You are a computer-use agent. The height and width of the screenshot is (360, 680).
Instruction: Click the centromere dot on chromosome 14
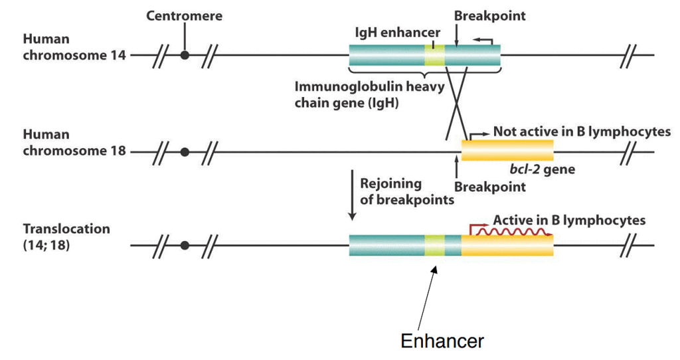click(x=185, y=55)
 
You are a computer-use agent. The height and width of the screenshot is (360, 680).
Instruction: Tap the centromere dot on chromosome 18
click(x=185, y=152)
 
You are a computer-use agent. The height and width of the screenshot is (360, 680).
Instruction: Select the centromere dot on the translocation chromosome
click(x=185, y=246)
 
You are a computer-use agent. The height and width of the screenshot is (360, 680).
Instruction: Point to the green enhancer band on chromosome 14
click(x=434, y=55)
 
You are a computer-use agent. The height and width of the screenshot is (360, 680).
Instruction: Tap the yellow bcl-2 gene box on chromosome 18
click(x=507, y=151)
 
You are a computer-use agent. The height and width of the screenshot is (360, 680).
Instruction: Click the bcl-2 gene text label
click(x=539, y=169)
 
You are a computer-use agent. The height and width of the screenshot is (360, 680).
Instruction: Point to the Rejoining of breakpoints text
click(x=406, y=191)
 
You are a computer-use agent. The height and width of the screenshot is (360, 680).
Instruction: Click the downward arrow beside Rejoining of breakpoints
click(x=352, y=196)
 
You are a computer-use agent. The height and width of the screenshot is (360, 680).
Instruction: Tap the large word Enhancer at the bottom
click(x=442, y=341)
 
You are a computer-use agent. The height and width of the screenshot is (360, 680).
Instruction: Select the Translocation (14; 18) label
click(x=66, y=236)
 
